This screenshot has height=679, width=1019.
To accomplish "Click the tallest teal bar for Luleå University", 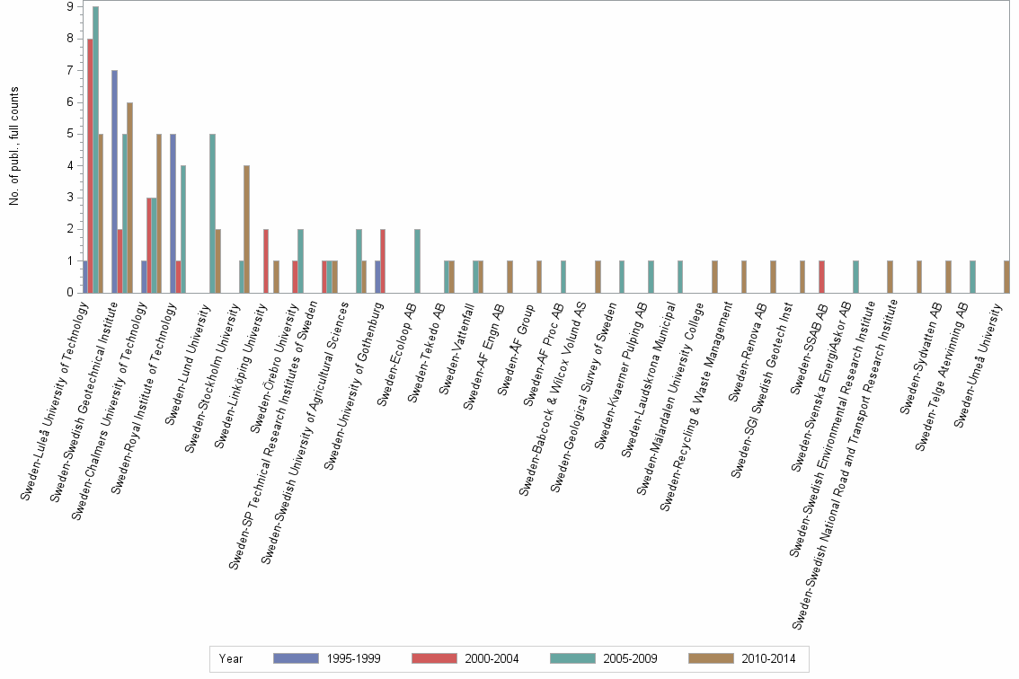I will tap(95, 149).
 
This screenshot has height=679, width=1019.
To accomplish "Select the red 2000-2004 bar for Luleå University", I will tap(90, 165).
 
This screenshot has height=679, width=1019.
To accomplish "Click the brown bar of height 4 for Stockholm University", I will tap(246, 229).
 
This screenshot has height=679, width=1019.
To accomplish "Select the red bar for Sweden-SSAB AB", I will tap(821, 277).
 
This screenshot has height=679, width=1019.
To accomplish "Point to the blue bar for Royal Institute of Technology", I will tap(173, 213).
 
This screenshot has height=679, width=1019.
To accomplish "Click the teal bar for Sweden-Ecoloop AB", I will tap(417, 260).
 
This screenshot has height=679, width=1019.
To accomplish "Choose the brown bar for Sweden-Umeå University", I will tap(1006, 277).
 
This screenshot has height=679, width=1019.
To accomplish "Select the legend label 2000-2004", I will tap(490, 658).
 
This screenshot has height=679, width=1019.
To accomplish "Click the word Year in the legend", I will tap(230, 658).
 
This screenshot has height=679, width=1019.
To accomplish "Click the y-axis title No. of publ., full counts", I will tap(14, 146).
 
